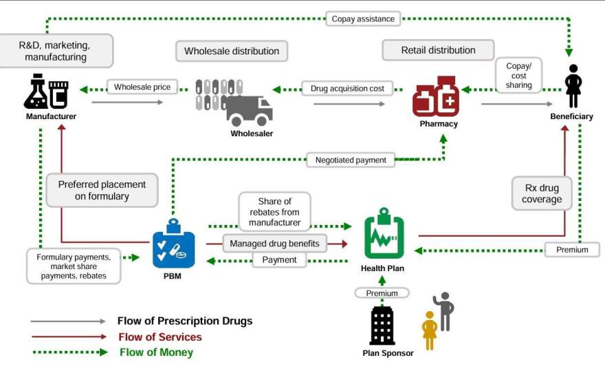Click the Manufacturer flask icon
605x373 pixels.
click(46, 94)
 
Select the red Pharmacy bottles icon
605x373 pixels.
click(437, 97)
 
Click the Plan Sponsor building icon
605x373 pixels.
click(382, 326)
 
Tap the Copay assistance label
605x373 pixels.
click(364, 19)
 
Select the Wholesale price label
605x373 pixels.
click(142, 87)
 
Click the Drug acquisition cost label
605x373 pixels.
click(347, 88)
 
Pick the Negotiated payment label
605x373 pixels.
click(351, 160)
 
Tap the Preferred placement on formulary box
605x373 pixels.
click(102, 191)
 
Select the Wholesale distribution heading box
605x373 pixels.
click(232, 51)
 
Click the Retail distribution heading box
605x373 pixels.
click(438, 50)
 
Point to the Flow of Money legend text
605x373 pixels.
click(156, 352)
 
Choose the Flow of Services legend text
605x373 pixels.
click(159, 337)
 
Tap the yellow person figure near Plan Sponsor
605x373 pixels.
click(430, 330)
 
